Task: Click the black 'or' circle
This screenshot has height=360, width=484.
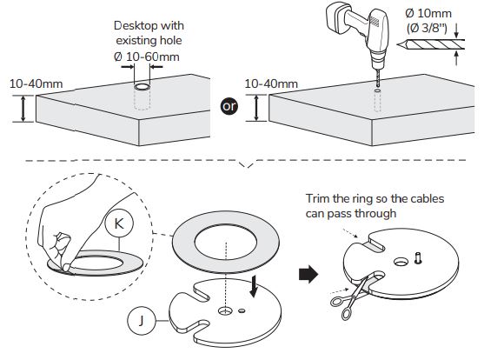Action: click(x=229, y=106)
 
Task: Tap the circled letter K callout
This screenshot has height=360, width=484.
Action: click(x=119, y=223)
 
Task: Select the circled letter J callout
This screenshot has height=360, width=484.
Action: click(x=141, y=321)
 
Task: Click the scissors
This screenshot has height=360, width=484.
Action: click(x=350, y=297)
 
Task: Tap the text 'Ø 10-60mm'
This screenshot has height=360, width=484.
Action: click(x=146, y=57)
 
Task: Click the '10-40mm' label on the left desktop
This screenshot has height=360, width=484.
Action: click(x=36, y=84)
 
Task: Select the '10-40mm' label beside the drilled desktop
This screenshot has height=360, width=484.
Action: click(x=271, y=83)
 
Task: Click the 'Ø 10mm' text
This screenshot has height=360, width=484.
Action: click(x=428, y=13)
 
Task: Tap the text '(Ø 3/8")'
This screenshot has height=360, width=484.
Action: click(x=427, y=29)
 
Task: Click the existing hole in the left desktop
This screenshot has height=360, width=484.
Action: click(x=142, y=87)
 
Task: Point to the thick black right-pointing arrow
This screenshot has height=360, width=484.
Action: click(x=308, y=274)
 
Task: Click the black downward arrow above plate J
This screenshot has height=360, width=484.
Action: click(x=254, y=286)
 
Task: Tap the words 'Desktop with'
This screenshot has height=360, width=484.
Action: click(x=149, y=25)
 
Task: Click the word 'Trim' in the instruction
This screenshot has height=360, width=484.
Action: click(x=318, y=198)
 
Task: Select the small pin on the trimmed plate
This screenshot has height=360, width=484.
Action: click(x=418, y=258)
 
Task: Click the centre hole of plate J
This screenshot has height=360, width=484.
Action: click(x=225, y=310)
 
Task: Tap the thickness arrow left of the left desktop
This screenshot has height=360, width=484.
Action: click(x=23, y=109)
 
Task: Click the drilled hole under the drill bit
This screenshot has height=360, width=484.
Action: click(x=377, y=90)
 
